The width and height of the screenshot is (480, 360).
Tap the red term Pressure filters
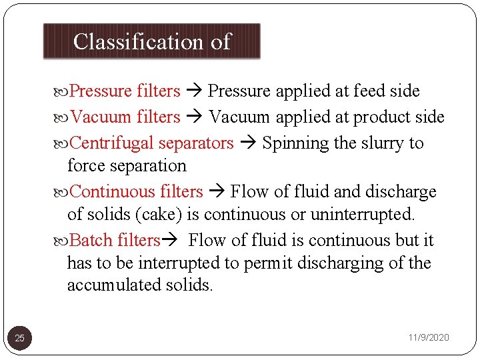125,91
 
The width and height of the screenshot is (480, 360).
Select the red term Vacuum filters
125,117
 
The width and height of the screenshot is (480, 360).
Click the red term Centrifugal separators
151,143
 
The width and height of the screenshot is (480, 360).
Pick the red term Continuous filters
136,192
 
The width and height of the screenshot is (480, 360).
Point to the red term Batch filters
115,240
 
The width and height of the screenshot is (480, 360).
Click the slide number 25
20,338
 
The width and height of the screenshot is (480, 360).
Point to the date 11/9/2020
429,338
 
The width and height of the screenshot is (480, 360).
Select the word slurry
378,143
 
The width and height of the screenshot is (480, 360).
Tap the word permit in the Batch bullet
268,263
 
